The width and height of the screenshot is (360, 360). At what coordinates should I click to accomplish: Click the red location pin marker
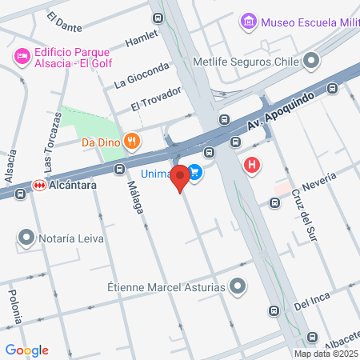pyautogui.click(x=180, y=177)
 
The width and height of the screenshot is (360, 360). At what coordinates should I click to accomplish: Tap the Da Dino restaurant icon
pyautogui.click(x=132, y=143)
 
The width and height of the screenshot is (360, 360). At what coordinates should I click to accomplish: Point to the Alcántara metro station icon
pyautogui.click(x=38, y=185)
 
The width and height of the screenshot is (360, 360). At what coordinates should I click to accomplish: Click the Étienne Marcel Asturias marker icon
pyautogui.click(x=238, y=286)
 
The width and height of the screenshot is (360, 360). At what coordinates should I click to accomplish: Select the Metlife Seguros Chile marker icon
pyautogui.click(x=310, y=61)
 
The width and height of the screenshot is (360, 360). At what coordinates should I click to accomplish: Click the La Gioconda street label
pyautogui.click(x=142, y=74)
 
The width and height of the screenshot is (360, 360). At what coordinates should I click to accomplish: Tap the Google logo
pyautogui.click(x=27, y=350)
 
